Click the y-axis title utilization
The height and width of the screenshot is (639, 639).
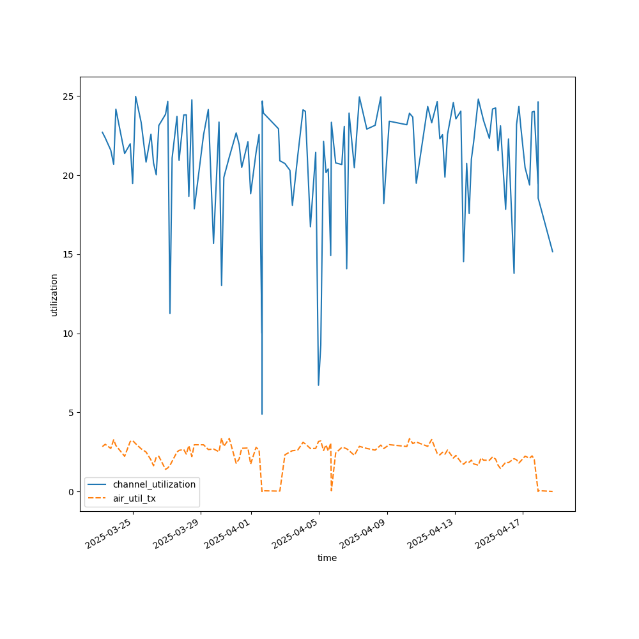pos(54,295)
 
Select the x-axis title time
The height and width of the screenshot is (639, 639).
pos(327,558)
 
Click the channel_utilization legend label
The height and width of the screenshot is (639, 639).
pos(154,484)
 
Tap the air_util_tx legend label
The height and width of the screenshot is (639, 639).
pos(134,498)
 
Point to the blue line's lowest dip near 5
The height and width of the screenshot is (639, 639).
pos(261,414)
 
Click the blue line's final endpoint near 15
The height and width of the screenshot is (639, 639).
pos(553,252)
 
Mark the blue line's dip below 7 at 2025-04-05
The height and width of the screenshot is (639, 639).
pos(318,385)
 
